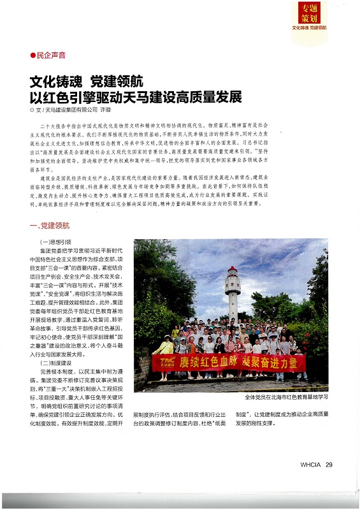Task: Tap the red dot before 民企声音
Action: (33, 56)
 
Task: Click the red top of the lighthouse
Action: (232, 272)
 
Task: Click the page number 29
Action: (329, 465)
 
